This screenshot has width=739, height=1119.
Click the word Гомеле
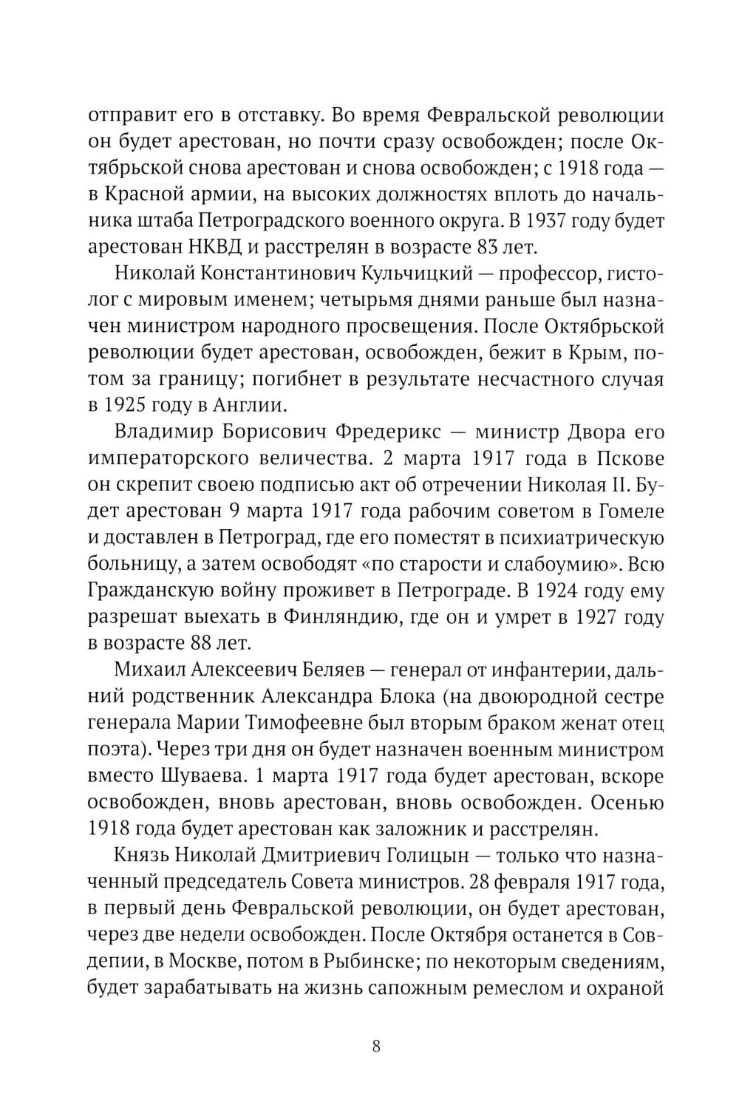point(628,512)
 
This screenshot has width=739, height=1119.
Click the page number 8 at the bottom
point(376,1047)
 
